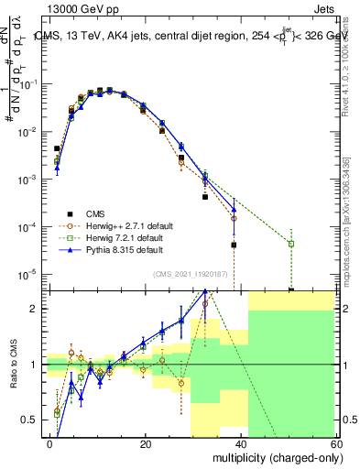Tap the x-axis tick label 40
[x=241, y=444]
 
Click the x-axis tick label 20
[x=146, y=444]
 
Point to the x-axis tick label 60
[x=335, y=444]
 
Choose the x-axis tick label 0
[x=50, y=444]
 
